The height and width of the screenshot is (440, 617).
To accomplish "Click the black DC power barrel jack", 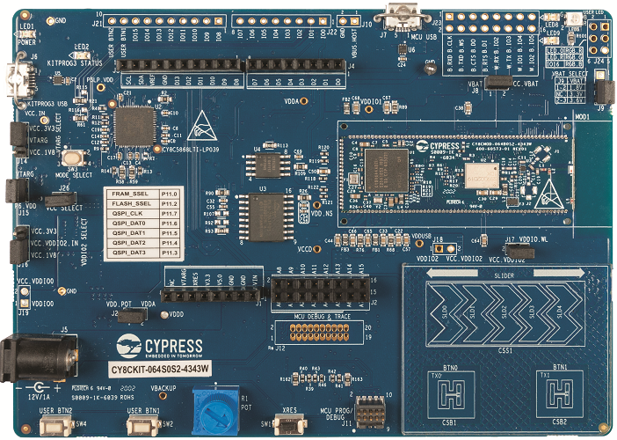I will (x=21, y=356).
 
